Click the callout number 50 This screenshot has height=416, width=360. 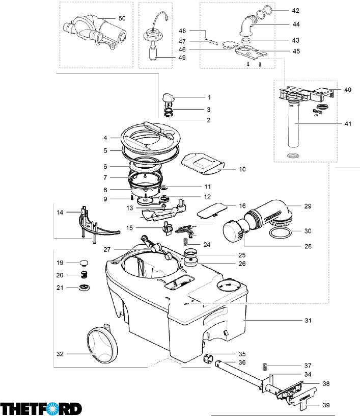click(122, 18)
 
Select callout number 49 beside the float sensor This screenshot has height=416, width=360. click(182, 58)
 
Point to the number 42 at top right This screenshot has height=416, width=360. click(295, 10)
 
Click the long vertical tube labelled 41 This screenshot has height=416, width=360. click(294, 125)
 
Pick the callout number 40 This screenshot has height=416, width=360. click(348, 90)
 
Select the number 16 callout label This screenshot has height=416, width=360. click(242, 206)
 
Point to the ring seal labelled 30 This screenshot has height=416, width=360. click(280, 232)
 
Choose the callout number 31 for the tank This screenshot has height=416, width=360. click(308, 321)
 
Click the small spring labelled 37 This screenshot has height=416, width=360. click(264, 367)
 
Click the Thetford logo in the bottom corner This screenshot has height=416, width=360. click(41, 408)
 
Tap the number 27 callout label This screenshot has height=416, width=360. click(107, 249)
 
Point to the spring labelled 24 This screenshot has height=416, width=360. click(186, 242)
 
